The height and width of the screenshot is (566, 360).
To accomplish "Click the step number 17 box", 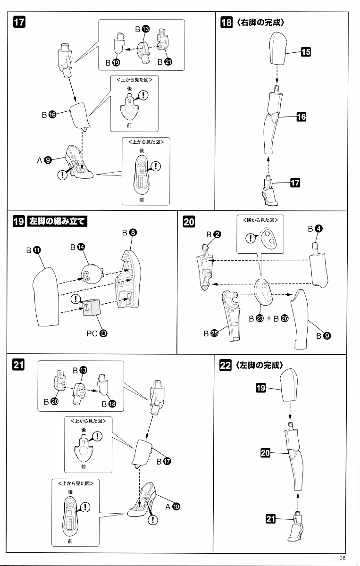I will (x=19, y=22).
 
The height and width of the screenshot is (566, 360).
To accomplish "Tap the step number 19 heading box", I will (x=19, y=221).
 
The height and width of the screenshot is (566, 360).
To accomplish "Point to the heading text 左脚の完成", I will (x=260, y=365).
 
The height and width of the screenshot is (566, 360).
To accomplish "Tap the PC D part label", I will (x=97, y=333).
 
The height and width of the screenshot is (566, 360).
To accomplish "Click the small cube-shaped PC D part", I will (x=92, y=308).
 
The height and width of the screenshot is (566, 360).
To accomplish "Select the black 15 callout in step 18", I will (x=306, y=52).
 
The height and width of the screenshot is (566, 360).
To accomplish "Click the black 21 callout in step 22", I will (x=270, y=519).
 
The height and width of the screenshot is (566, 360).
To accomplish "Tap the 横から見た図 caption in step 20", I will (x=260, y=220).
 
